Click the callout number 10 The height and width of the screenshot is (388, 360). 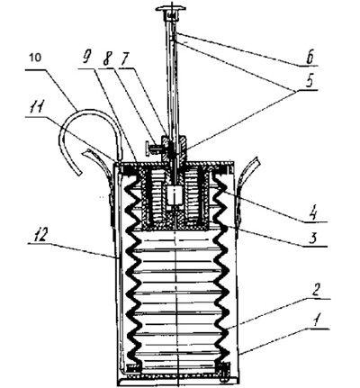point(36,58)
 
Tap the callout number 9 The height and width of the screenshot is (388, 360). point(86,59)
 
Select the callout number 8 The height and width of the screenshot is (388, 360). point(105,59)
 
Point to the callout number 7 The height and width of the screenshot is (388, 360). point(123,59)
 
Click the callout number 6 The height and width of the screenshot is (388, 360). point(310,57)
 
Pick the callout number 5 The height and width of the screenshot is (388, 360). point(310,82)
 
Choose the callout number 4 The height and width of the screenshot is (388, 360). point(313,214)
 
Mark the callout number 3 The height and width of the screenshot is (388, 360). point(312,239)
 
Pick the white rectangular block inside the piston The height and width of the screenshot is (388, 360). point(175,195)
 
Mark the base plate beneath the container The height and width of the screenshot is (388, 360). point(177,382)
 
